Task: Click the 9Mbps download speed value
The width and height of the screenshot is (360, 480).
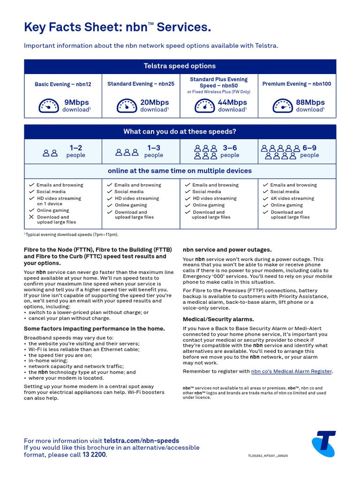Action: (x=76, y=102)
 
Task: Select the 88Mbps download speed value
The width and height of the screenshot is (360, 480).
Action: (x=310, y=102)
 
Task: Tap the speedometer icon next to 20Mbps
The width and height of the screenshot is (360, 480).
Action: (x=127, y=105)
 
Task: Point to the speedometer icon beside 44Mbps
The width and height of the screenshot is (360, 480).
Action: (x=204, y=105)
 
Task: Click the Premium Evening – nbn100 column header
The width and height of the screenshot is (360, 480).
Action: (x=296, y=84)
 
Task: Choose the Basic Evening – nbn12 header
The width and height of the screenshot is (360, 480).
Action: (x=63, y=84)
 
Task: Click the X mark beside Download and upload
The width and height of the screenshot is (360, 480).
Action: (x=31, y=217)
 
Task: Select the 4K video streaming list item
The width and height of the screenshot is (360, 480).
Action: (x=292, y=198)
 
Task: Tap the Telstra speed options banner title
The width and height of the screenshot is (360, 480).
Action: (x=180, y=66)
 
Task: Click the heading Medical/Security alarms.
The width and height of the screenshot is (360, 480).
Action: (x=218, y=319)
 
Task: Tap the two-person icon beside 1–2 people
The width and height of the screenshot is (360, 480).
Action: (x=50, y=152)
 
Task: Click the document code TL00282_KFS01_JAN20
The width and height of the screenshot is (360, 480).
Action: (x=269, y=456)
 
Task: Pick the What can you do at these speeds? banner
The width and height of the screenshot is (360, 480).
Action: (x=180, y=132)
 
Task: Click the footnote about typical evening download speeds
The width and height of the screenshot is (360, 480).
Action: (x=71, y=234)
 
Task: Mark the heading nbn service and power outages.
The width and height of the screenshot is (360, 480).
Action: (x=227, y=250)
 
